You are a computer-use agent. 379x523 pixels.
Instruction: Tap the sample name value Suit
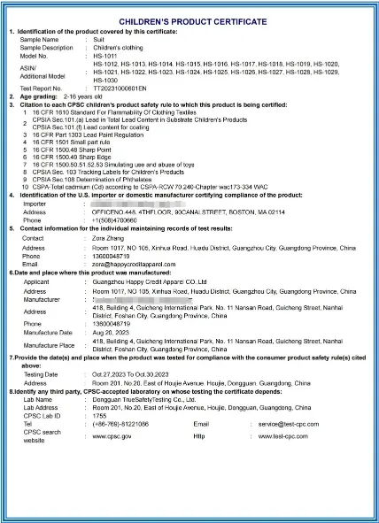coord(99,40)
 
